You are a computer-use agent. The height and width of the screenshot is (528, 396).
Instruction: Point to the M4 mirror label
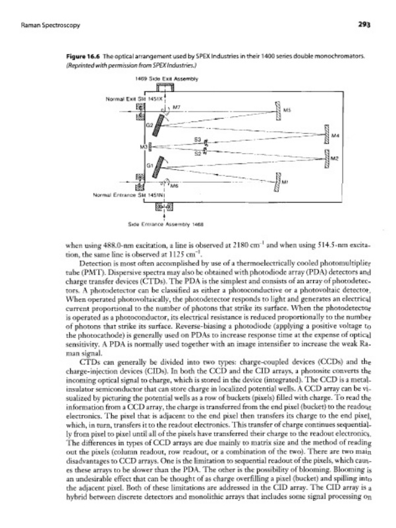point(335,136)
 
